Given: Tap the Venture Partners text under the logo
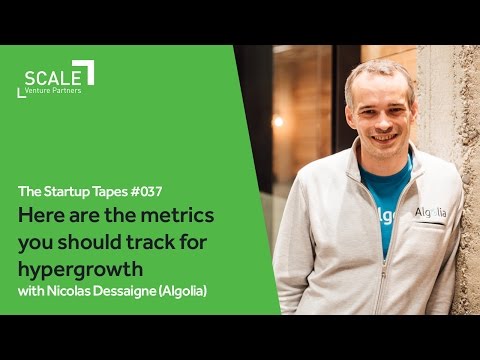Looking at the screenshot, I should click(55, 91).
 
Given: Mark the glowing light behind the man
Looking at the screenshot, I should click(278, 121).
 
